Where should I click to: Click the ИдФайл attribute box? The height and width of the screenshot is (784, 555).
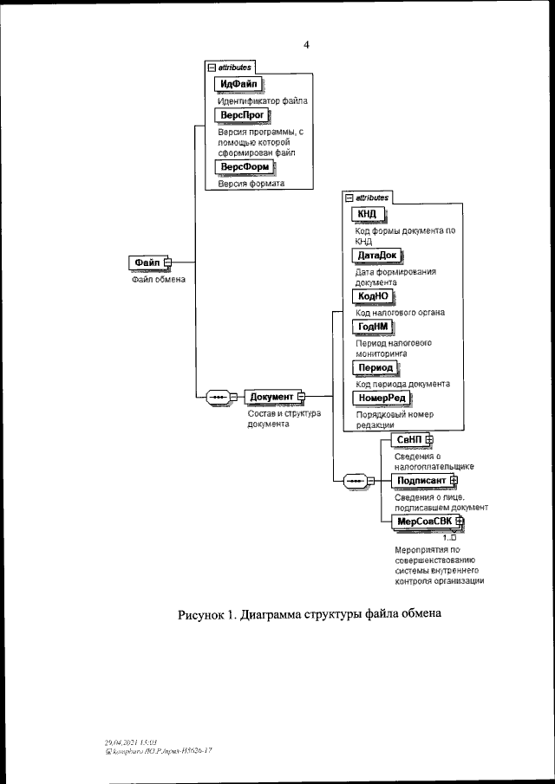(x=238, y=84)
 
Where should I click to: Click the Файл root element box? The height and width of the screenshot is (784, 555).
(x=147, y=262)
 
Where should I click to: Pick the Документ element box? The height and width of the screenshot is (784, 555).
(x=271, y=397)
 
